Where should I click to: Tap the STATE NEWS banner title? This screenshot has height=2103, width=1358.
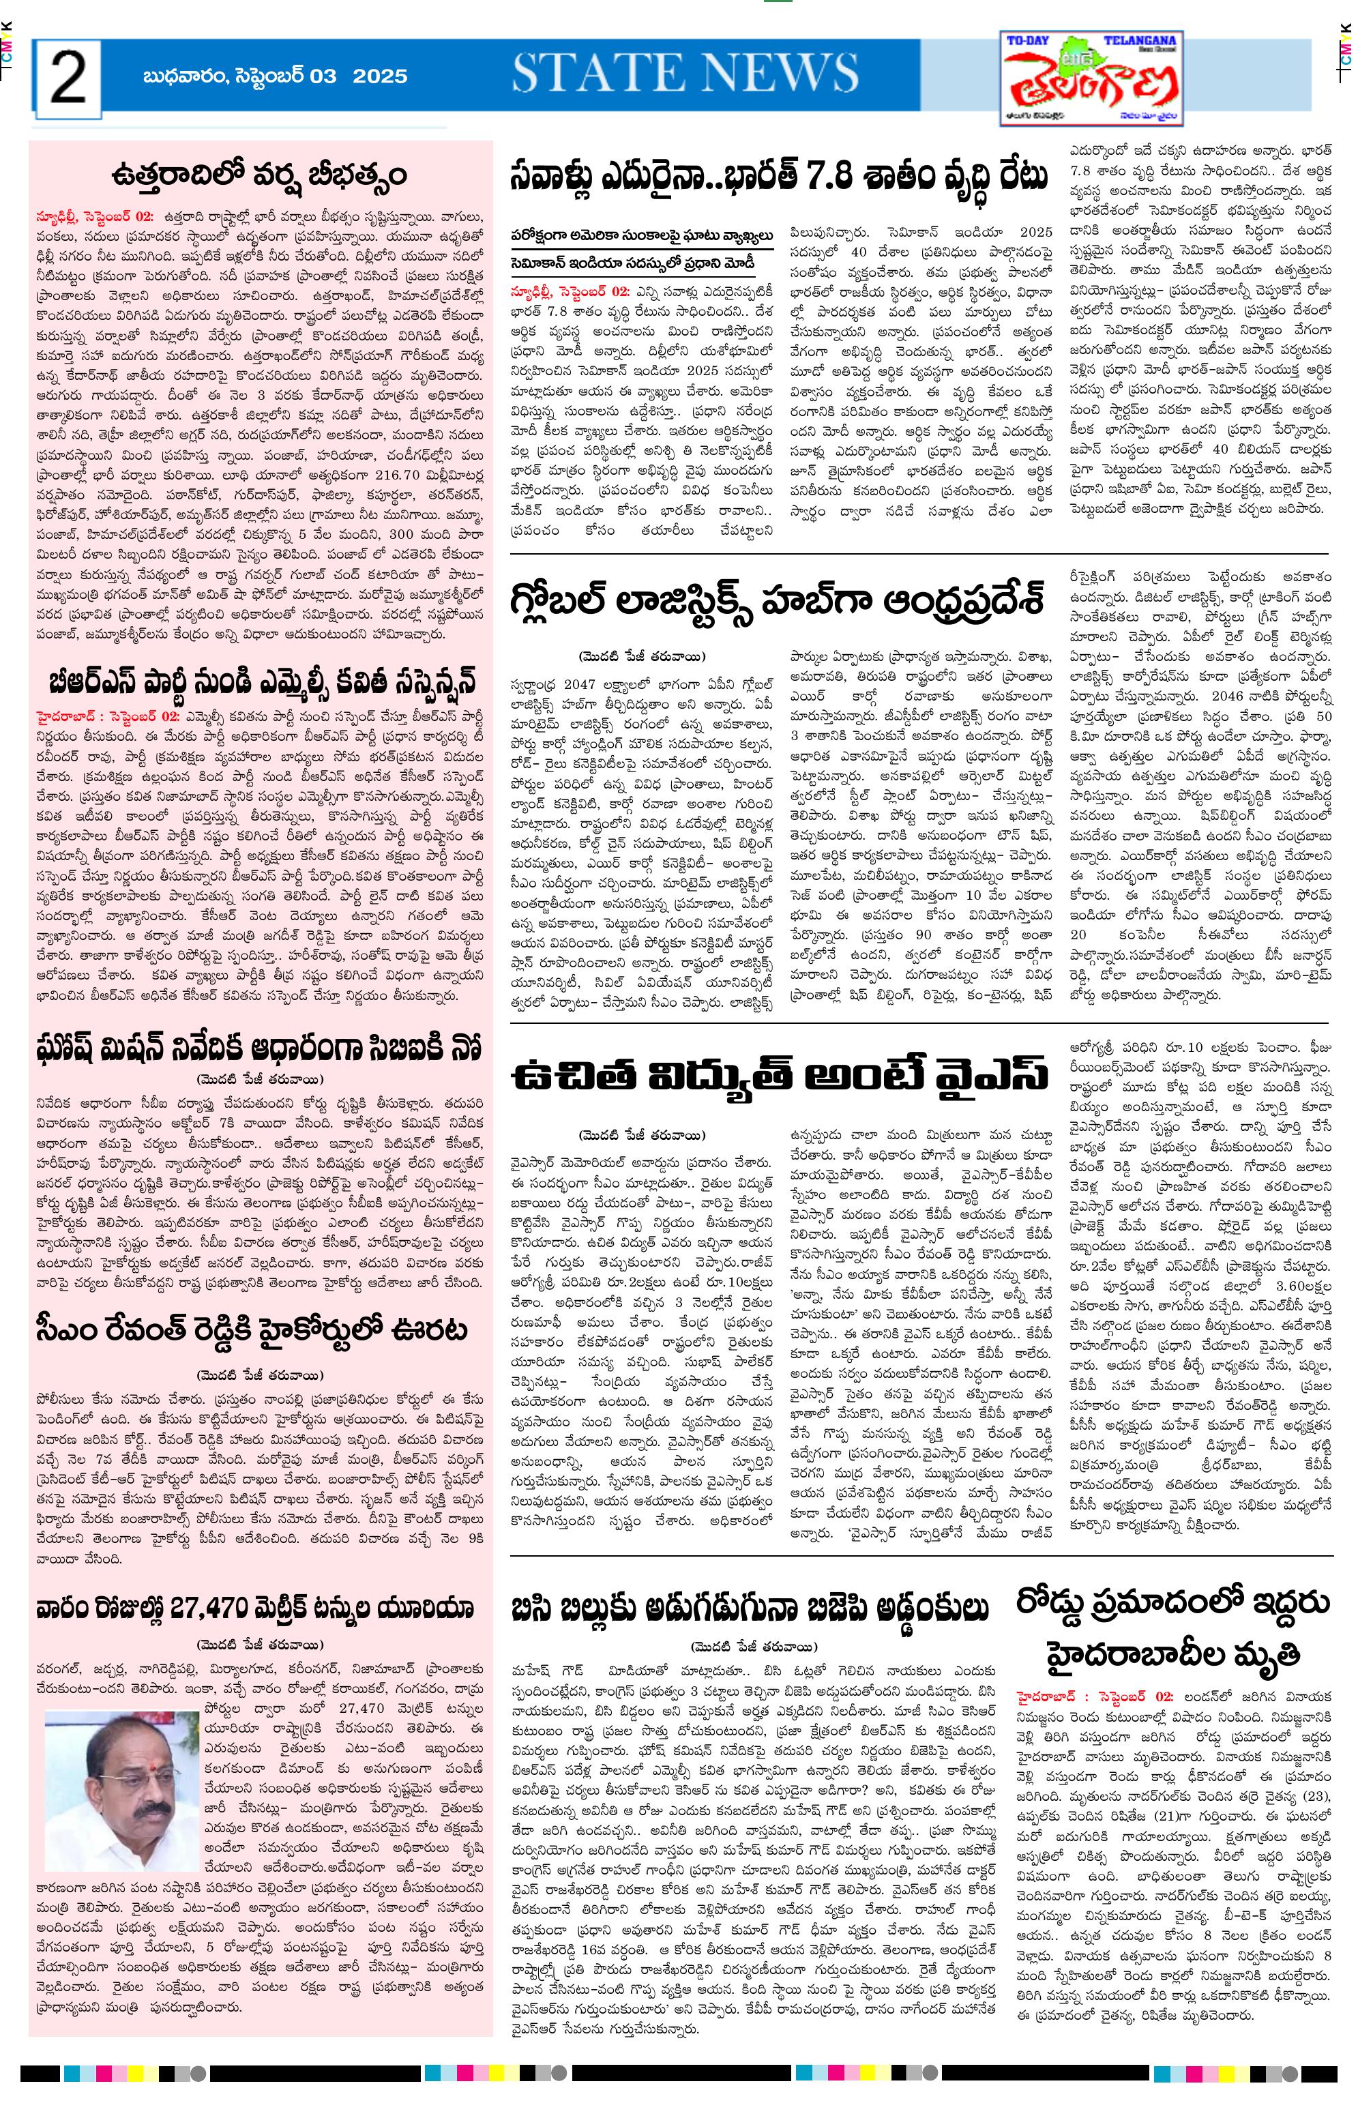(685, 73)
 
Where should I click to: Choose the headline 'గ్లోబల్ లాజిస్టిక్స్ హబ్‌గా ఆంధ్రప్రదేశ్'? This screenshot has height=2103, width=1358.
(777, 602)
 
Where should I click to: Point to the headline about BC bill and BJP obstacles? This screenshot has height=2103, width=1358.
(750, 1608)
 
